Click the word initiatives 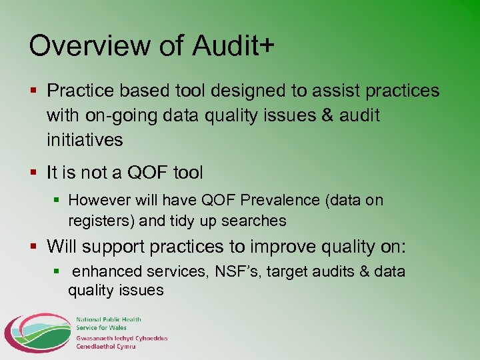coord(85,140)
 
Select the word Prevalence coord(274,200)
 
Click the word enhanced coord(107,272)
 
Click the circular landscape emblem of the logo coord(37,333)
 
